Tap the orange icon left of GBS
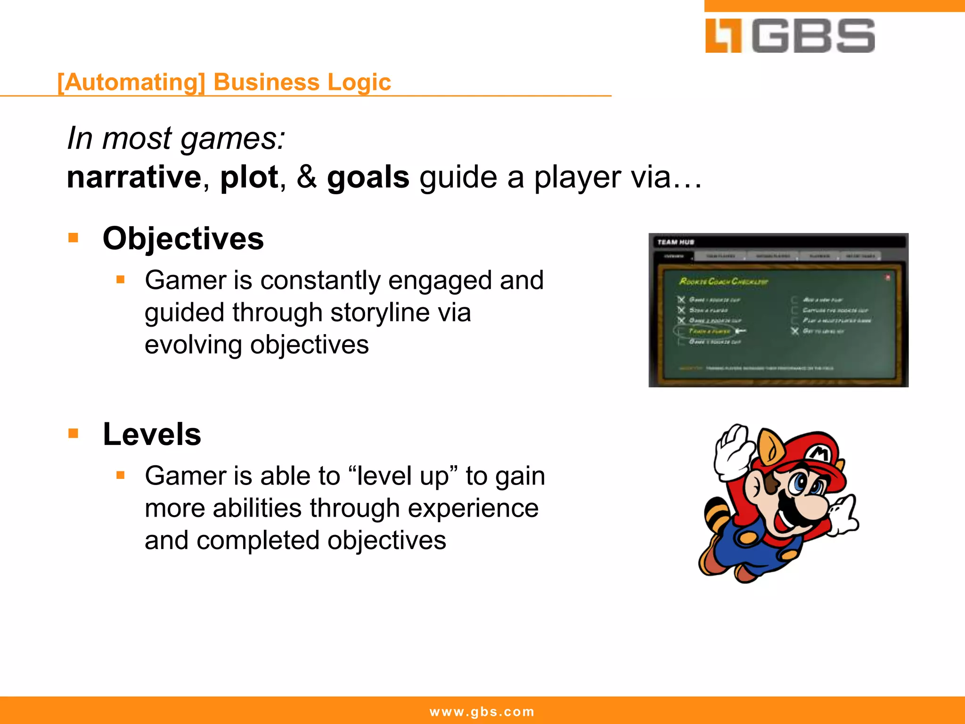pyautogui.click(x=723, y=36)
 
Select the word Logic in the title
pyautogui.click(x=359, y=82)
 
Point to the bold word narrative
pyautogui.click(x=134, y=177)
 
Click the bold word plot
pyautogui.click(x=249, y=177)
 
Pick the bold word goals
pyautogui.click(x=368, y=177)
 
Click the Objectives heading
pyautogui.click(x=183, y=239)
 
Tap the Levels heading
pyautogui.click(x=152, y=434)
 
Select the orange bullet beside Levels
pyautogui.click(x=73, y=433)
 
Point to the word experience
pyautogui.click(x=473, y=508)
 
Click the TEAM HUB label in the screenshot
pyautogui.click(x=676, y=242)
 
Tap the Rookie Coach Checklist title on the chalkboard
pyautogui.click(x=723, y=281)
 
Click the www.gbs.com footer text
pyautogui.click(x=482, y=711)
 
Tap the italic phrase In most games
pyautogui.click(x=176, y=139)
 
